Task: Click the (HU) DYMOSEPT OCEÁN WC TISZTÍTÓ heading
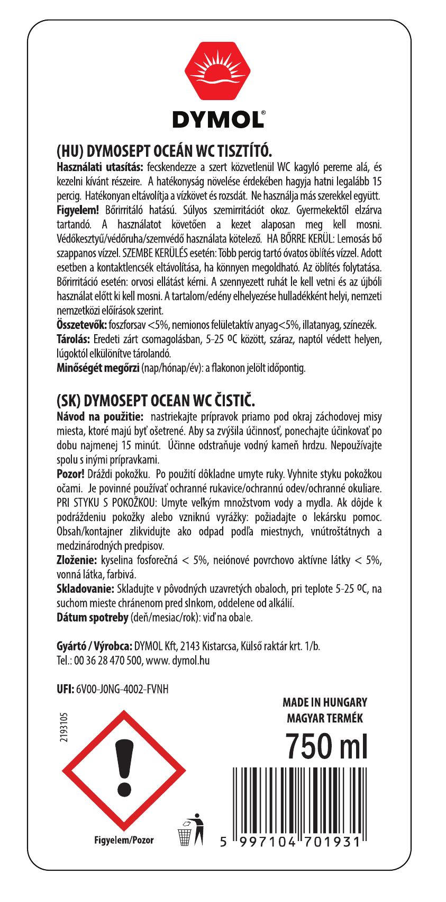click(x=164, y=151)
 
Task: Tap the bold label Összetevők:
click(x=82, y=325)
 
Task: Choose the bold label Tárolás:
click(x=74, y=339)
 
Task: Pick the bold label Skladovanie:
click(x=85, y=588)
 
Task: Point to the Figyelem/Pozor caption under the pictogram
click(x=124, y=840)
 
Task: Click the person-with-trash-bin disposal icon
click(x=190, y=829)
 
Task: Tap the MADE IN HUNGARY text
click(x=325, y=702)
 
